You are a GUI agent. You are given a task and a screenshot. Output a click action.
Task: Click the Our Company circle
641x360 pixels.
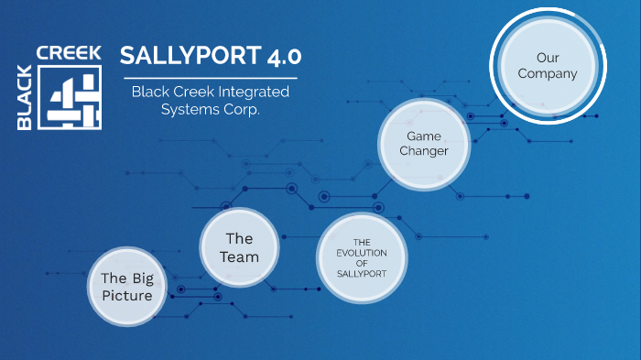[x=547, y=66]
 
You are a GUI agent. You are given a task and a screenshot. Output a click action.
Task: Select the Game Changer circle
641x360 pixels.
[x=424, y=143]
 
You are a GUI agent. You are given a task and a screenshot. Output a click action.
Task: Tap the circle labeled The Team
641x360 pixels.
[x=239, y=247]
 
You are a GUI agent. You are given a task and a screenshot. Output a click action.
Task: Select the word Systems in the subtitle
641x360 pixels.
[x=190, y=109]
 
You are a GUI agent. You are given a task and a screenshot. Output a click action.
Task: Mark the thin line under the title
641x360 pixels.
[x=210, y=78]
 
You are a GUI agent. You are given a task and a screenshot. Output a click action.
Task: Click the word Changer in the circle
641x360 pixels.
[x=424, y=150]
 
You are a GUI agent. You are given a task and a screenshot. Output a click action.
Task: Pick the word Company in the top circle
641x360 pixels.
[x=547, y=73]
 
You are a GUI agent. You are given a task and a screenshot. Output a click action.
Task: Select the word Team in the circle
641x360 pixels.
[x=239, y=256]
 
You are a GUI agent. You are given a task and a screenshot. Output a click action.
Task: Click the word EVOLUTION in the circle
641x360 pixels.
[x=361, y=252]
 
